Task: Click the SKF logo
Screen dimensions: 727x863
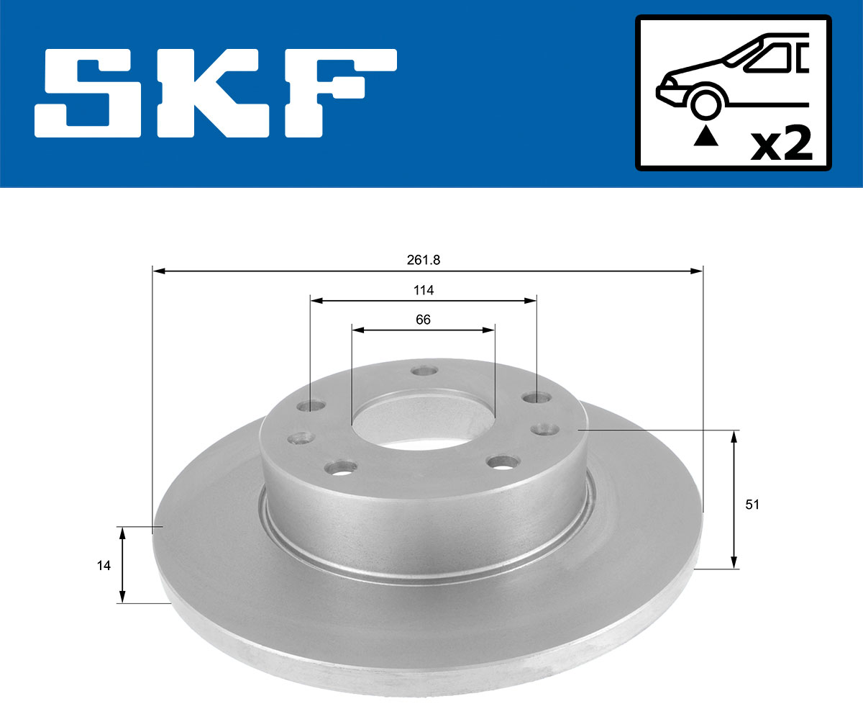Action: tap(216, 93)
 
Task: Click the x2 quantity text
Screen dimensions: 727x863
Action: tap(781, 145)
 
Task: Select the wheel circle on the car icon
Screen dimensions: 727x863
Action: tap(706, 103)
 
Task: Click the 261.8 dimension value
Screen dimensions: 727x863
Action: tap(423, 260)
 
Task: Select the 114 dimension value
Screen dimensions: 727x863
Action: tap(424, 290)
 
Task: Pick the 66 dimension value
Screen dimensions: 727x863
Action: tap(423, 320)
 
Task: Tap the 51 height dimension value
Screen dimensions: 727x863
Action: tap(752, 505)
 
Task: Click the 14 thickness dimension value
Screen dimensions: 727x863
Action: tap(104, 566)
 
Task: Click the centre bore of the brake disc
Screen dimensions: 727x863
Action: tap(423, 417)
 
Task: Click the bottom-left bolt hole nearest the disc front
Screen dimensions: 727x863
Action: tap(339, 469)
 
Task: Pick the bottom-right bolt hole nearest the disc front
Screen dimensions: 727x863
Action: tap(499, 461)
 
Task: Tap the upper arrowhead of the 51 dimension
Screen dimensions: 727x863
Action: tap(734, 436)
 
